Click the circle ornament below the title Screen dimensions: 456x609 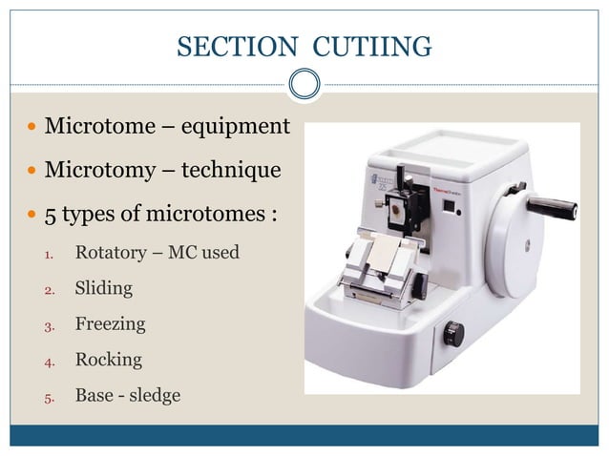click(x=304, y=85)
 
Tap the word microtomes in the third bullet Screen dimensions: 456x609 click(x=209, y=214)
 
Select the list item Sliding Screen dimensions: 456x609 click(x=103, y=288)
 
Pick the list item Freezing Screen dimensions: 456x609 click(x=111, y=323)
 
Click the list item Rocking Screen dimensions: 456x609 click(x=109, y=360)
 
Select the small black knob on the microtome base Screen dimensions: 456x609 click(x=454, y=333)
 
